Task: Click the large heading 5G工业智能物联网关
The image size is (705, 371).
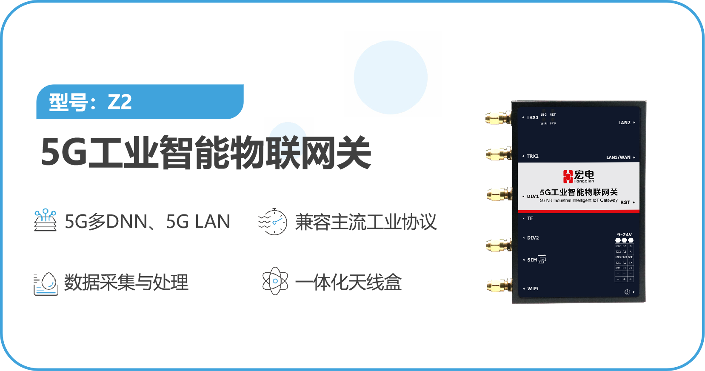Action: coord(206,153)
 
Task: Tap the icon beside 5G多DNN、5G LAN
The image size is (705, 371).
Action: coord(45,220)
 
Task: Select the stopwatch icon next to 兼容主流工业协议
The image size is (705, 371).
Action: coord(273,222)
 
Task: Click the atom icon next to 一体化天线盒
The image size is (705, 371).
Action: coord(275,281)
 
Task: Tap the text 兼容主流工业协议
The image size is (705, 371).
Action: coord(365,222)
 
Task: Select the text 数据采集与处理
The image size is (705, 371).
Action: coord(126,283)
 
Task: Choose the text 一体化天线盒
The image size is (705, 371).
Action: coord(348,283)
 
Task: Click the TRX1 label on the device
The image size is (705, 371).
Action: coord(532,117)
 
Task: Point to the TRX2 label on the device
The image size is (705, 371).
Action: coord(532,156)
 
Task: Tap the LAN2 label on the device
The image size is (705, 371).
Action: coord(624,123)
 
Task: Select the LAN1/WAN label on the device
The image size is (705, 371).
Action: coord(618,157)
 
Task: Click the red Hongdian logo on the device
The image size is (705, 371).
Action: coord(568,176)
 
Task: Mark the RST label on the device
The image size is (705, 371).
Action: coord(625,202)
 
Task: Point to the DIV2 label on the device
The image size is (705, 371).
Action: coord(533,238)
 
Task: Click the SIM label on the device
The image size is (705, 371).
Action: coord(532,260)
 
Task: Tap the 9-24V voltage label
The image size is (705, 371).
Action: coord(624,234)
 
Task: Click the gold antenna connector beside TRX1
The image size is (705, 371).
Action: coord(498,118)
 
